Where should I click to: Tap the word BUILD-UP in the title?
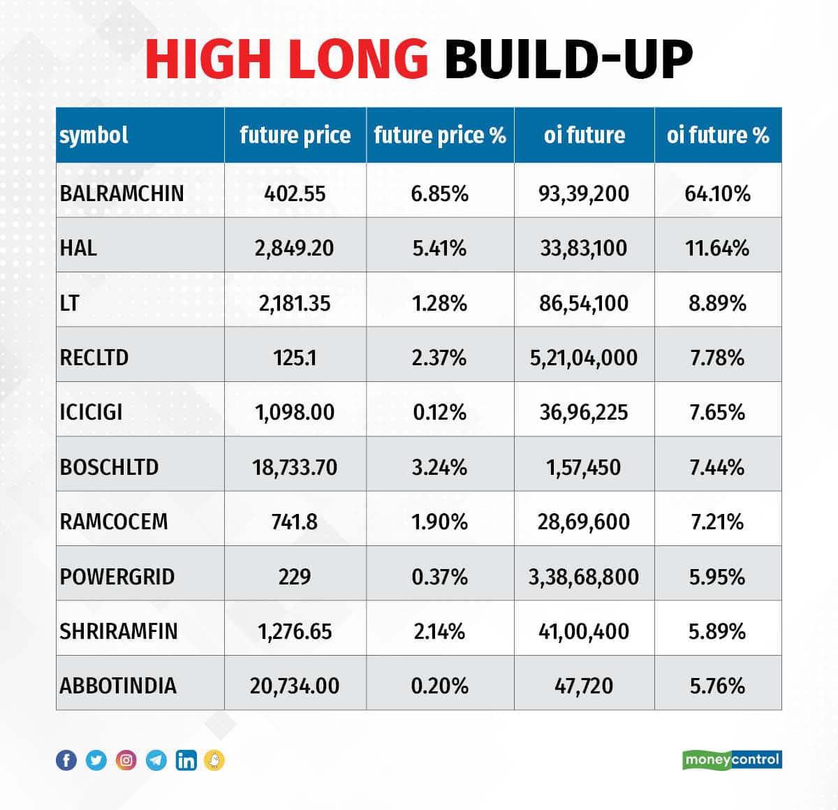click(568, 59)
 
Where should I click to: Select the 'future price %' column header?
click(440, 135)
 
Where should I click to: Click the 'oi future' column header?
click(585, 135)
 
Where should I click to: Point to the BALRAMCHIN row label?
click(122, 193)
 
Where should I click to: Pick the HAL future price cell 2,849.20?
click(294, 248)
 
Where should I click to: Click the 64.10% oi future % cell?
click(717, 193)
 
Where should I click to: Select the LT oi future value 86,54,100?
click(584, 303)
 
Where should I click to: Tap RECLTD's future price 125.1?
click(294, 358)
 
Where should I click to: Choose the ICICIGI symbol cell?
click(91, 412)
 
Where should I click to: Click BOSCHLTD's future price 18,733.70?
click(294, 467)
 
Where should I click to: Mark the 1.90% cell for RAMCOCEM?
click(439, 522)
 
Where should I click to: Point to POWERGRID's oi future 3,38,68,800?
click(584, 577)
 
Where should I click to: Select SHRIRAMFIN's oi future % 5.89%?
click(717, 631)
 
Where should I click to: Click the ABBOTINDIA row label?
click(118, 686)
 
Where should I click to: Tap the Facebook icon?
click(66, 760)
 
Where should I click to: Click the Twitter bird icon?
click(96, 760)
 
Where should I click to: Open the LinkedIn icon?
click(186, 760)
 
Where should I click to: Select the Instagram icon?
click(126, 760)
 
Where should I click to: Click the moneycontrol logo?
click(732, 759)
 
